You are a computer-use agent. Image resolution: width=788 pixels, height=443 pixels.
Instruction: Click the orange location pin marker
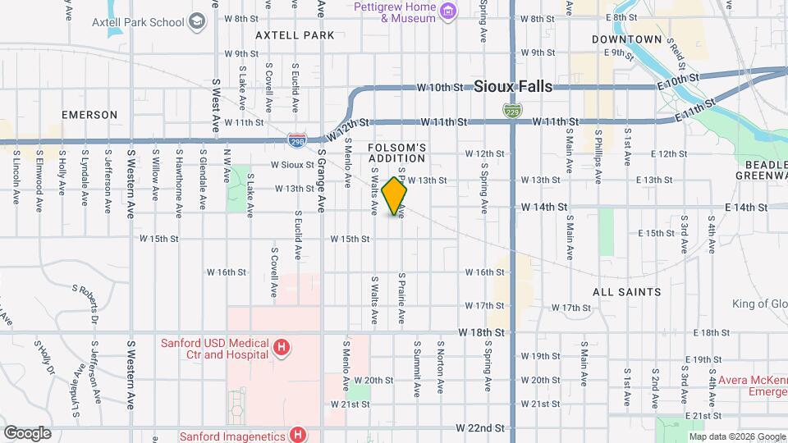(395, 195)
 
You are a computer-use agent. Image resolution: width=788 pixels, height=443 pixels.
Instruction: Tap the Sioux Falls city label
(513, 87)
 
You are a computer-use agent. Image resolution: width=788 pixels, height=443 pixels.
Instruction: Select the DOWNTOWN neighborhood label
(626, 39)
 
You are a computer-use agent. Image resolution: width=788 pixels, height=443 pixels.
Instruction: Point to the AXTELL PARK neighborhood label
(295, 35)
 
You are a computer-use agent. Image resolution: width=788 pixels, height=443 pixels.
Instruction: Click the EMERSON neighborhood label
(89, 115)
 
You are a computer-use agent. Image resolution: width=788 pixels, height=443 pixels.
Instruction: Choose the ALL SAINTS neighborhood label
(626, 292)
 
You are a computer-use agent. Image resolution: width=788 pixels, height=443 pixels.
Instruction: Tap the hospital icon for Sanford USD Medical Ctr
(282, 349)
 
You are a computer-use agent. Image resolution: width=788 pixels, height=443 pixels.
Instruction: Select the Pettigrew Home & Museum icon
(447, 11)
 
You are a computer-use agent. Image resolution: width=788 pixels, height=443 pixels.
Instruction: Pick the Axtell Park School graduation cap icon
(196, 21)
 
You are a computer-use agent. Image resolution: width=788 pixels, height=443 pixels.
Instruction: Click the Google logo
(27, 432)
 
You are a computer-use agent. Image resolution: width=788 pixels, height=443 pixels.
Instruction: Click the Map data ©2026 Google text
(736, 436)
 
